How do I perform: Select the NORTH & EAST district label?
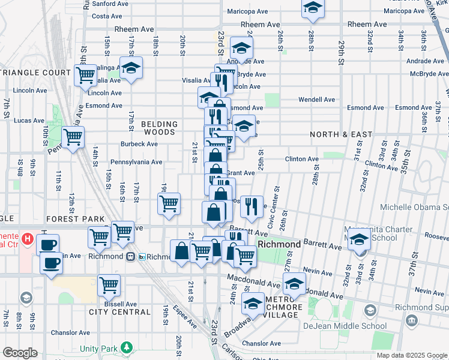pyautogui.click(x=341, y=134)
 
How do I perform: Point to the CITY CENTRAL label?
pyautogui.click(x=119, y=312)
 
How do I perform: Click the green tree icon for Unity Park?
pyautogui.click(x=126, y=347)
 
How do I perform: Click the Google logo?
pyautogui.click(x=20, y=353)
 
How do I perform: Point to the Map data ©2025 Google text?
pyautogui.click(x=412, y=355)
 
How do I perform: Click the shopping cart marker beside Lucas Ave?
pyautogui.click(x=73, y=137)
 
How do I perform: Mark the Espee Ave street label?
pyautogui.click(x=185, y=323)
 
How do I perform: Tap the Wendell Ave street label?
pyautogui.click(x=317, y=100)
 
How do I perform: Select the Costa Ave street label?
pyautogui.click(x=107, y=16)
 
